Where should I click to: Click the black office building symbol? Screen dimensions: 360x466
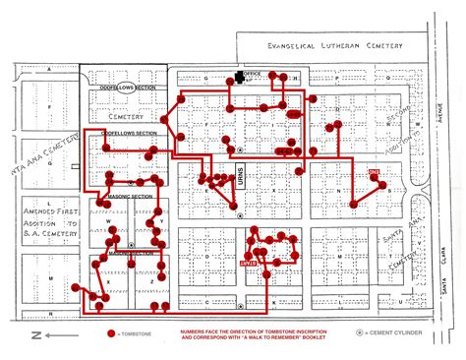coord(237,77)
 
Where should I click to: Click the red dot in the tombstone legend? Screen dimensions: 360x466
coord(109,334)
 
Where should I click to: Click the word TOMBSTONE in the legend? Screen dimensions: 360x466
coord(132,334)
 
